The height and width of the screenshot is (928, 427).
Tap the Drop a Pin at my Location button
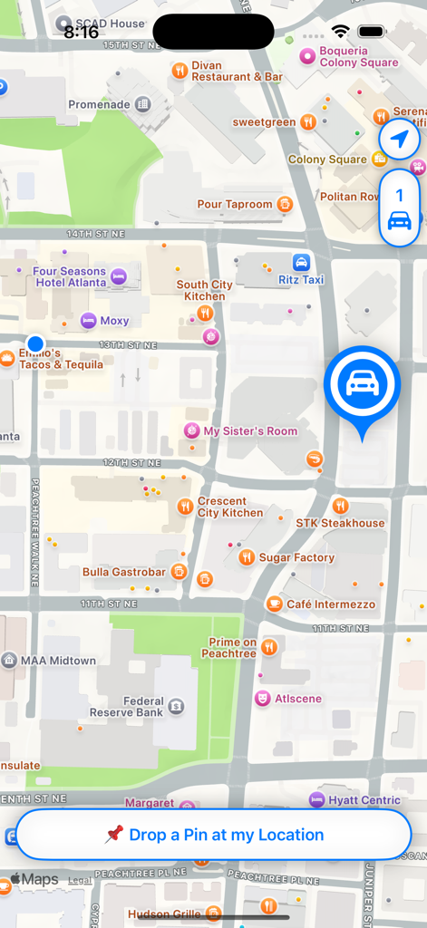pyautogui.click(x=214, y=835)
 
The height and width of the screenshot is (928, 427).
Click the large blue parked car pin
pyautogui.click(x=362, y=384)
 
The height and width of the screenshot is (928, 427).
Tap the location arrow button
pyautogui.click(x=399, y=140)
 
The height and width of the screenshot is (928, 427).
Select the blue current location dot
pyautogui.click(x=35, y=343)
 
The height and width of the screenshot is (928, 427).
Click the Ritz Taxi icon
pyautogui.click(x=301, y=263)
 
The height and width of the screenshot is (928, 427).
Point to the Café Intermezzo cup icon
pyautogui.click(x=274, y=604)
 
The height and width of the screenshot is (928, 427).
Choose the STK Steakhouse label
pyautogui.click(x=340, y=523)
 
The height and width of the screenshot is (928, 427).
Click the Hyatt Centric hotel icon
pyautogui.click(x=316, y=799)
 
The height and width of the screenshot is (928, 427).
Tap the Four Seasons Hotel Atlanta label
pyautogui.click(x=70, y=276)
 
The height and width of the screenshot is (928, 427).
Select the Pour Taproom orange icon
pyautogui.click(x=285, y=204)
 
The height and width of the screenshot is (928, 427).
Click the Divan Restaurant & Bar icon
pyautogui.click(x=179, y=70)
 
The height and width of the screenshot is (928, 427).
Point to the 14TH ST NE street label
pyautogui.click(x=94, y=234)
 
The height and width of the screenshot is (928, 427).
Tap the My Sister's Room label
pyautogui.click(x=250, y=431)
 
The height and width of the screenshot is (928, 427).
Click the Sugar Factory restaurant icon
pyautogui.click(x=247, y=557)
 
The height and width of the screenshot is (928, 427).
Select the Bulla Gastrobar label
pyautogui.click(x=124, y=572)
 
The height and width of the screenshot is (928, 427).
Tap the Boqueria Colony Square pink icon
pyautogui.click(x=307, y=57)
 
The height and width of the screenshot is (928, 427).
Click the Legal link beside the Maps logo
pyautogui.click(x=80, y=880)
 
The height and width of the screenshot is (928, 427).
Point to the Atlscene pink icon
pyautogui.click(x=262, y=699)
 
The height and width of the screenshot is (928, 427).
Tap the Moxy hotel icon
pyautogui.click(x=88, y=320)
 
